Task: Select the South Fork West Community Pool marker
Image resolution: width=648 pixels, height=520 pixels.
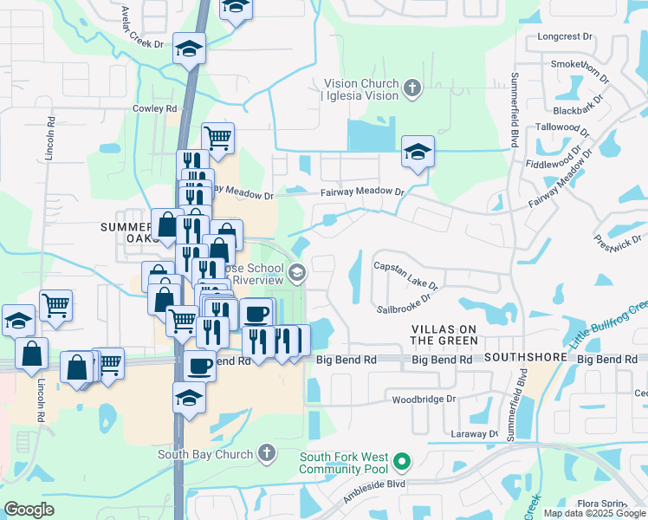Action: pyautogui.click(x=400, y=459)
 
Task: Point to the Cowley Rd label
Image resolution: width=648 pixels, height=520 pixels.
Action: pyautogui.click(x=154, y=108)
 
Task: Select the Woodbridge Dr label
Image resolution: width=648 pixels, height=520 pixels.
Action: pyautogui.click(x=424, y=400)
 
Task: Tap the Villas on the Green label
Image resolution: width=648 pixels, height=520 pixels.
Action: pyautogui.click(x=444, y=335)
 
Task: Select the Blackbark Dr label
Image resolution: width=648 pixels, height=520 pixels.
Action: pyautogui.click(x=577, y=110)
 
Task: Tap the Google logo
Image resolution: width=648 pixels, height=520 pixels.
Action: pyautogui.click(x=29, y=510)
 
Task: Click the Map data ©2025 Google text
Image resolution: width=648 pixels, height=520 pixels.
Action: pyautogui.click(x=594, y=513)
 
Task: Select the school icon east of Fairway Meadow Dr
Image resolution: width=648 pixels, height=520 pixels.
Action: pyautogui.click(x=418, y=153)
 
